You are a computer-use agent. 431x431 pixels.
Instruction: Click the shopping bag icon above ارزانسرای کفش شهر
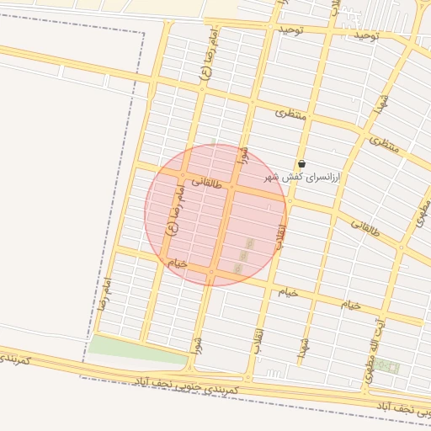point(301,163)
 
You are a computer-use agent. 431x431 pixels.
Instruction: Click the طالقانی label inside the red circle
point(206,181)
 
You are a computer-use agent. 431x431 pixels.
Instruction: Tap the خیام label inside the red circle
point(176,263)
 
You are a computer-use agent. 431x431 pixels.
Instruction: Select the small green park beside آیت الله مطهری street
point(387,365)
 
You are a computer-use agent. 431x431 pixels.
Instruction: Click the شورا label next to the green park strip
point(197,344)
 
